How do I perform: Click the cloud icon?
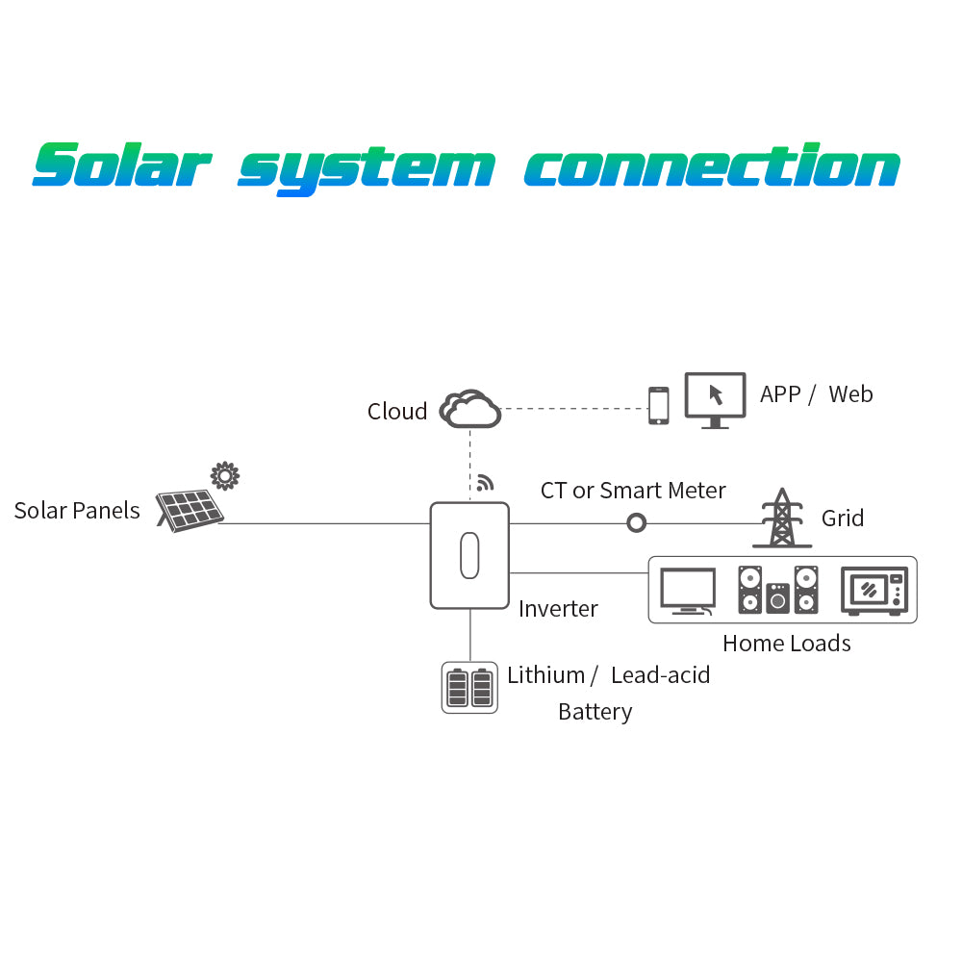[x=470, y=409]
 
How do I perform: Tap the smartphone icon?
[x=658, y=405]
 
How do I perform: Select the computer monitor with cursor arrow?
[x=715, y=399]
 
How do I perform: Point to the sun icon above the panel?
[x=225, y=475]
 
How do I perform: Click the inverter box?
[x=469, y=555]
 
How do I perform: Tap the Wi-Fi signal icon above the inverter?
[x=485, y=483]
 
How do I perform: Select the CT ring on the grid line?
[x=636, y=523]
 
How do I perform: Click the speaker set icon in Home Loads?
[x=778, y=590]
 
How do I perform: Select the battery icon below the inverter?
[x=469, y=687]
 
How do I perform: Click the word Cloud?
[x=396, y=412]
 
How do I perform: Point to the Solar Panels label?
[x=77, y=511]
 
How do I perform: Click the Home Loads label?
[x=786, y=644]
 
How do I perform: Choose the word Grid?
[x=842, y=519]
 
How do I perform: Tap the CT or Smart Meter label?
[x=632, y=491]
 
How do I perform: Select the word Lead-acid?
[x=660, y=675]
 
